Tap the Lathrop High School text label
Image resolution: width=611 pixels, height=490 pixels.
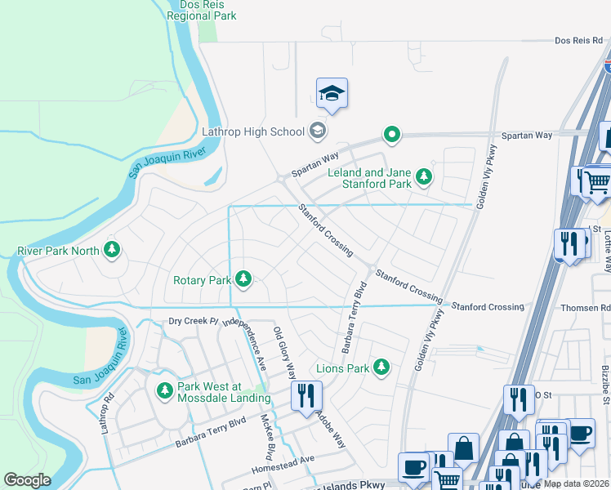coord(253,131)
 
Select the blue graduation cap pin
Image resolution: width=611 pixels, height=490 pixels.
coord(332,94)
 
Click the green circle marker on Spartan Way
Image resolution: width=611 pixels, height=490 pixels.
coord(392,135)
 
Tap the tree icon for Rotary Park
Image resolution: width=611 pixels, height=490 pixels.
coord(243,280)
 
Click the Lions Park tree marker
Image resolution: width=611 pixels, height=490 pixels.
coord(381,367)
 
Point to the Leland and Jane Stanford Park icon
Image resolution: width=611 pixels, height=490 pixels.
coord(423,176)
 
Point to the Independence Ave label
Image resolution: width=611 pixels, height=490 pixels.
coord(250,343)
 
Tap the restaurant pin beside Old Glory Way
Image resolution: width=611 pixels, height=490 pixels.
coord(307,397)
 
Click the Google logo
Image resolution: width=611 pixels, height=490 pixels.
coord(27,479)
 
